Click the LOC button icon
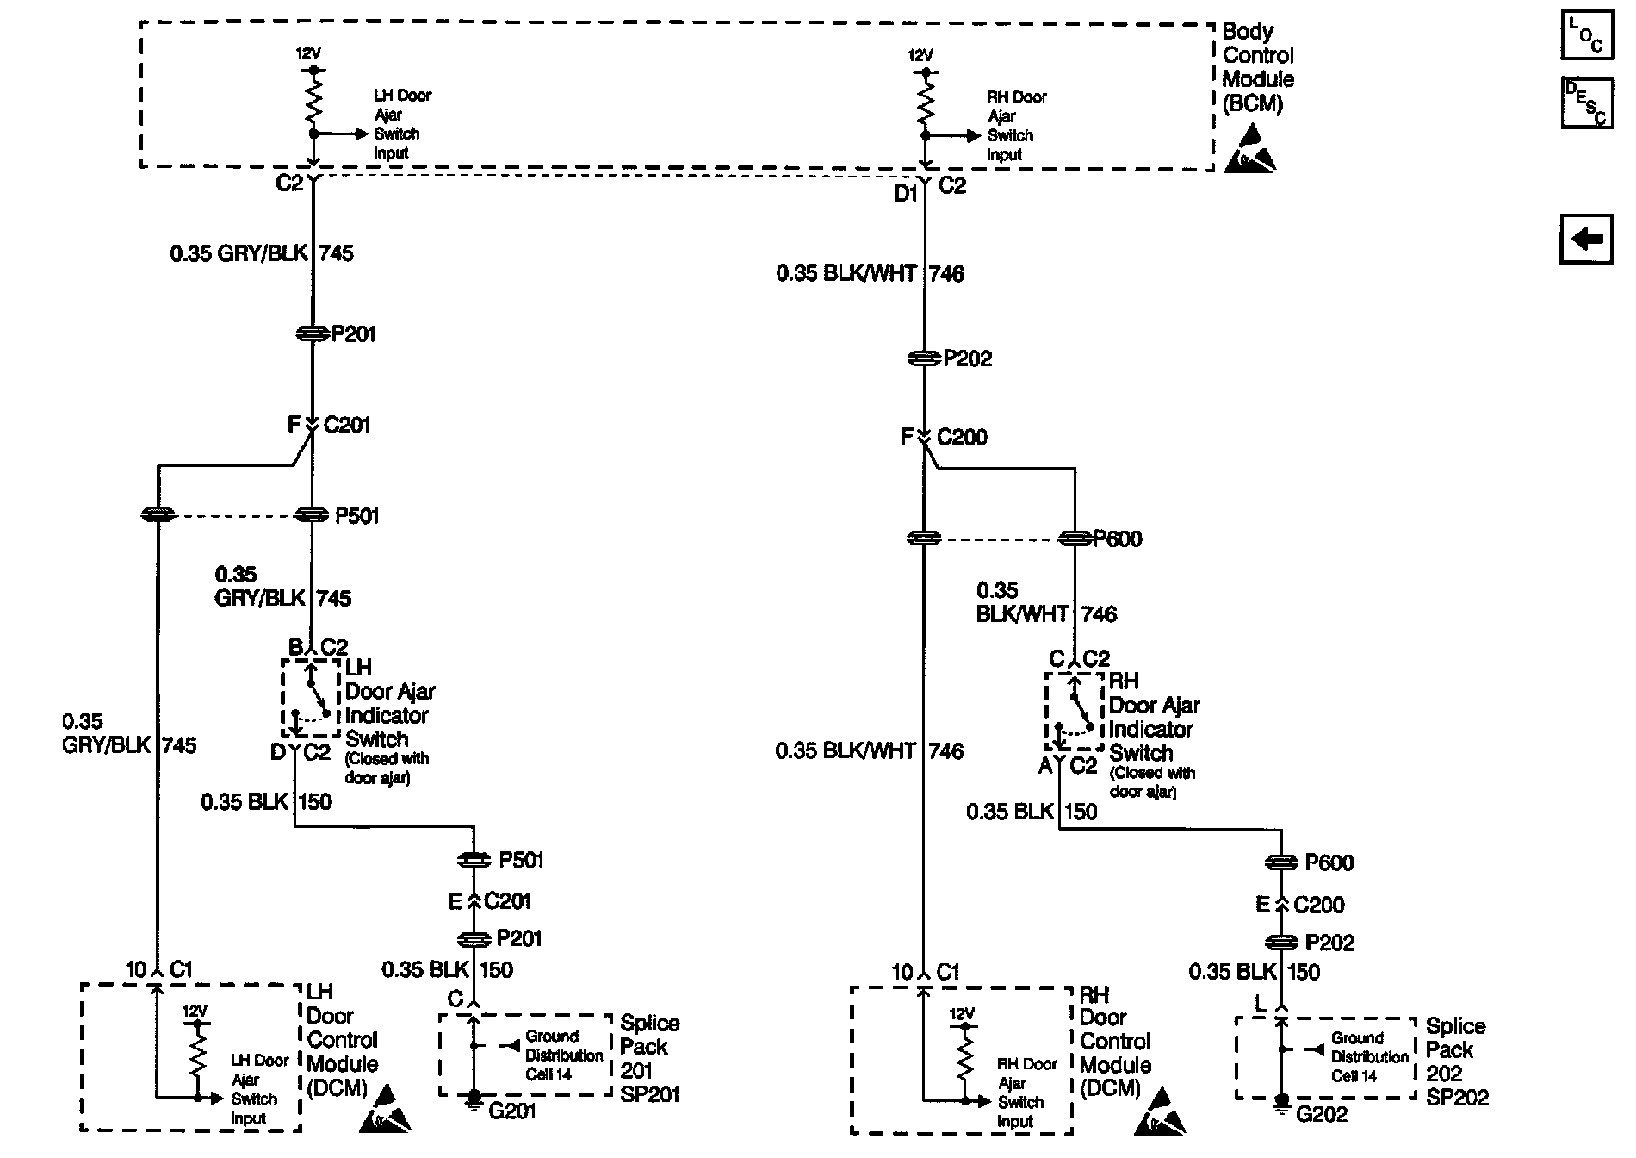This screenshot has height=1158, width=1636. (1586, 36)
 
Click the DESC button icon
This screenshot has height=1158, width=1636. (1586, 103)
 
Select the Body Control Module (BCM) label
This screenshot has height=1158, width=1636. (1257, 68)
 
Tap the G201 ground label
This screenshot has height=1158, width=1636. (511, 1111)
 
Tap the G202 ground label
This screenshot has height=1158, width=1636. (1322, 1114)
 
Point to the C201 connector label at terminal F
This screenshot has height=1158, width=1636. (346, 426)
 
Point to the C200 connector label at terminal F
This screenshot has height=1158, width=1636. (962, 438)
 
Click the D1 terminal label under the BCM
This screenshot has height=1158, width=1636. (905, 195)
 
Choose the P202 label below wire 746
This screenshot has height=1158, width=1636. (967, 358)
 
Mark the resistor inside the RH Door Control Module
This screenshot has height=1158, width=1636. (964, 1055)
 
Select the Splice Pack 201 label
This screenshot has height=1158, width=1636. (650, 1058)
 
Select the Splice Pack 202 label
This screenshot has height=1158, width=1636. (1456, 1061)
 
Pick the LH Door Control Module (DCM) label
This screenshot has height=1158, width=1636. (342, 1040)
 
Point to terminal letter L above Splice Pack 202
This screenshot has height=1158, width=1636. (1261, 1004)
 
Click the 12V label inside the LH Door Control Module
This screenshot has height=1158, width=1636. (195, 1011)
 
